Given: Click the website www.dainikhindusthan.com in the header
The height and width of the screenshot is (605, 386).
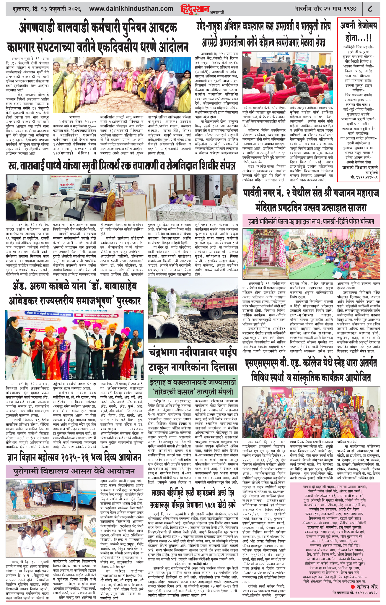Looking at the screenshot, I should pos(131,9).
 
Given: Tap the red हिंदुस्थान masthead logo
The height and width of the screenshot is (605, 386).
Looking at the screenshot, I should pos(195,9).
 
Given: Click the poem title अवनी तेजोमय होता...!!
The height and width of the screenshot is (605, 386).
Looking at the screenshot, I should pos(358,32).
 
